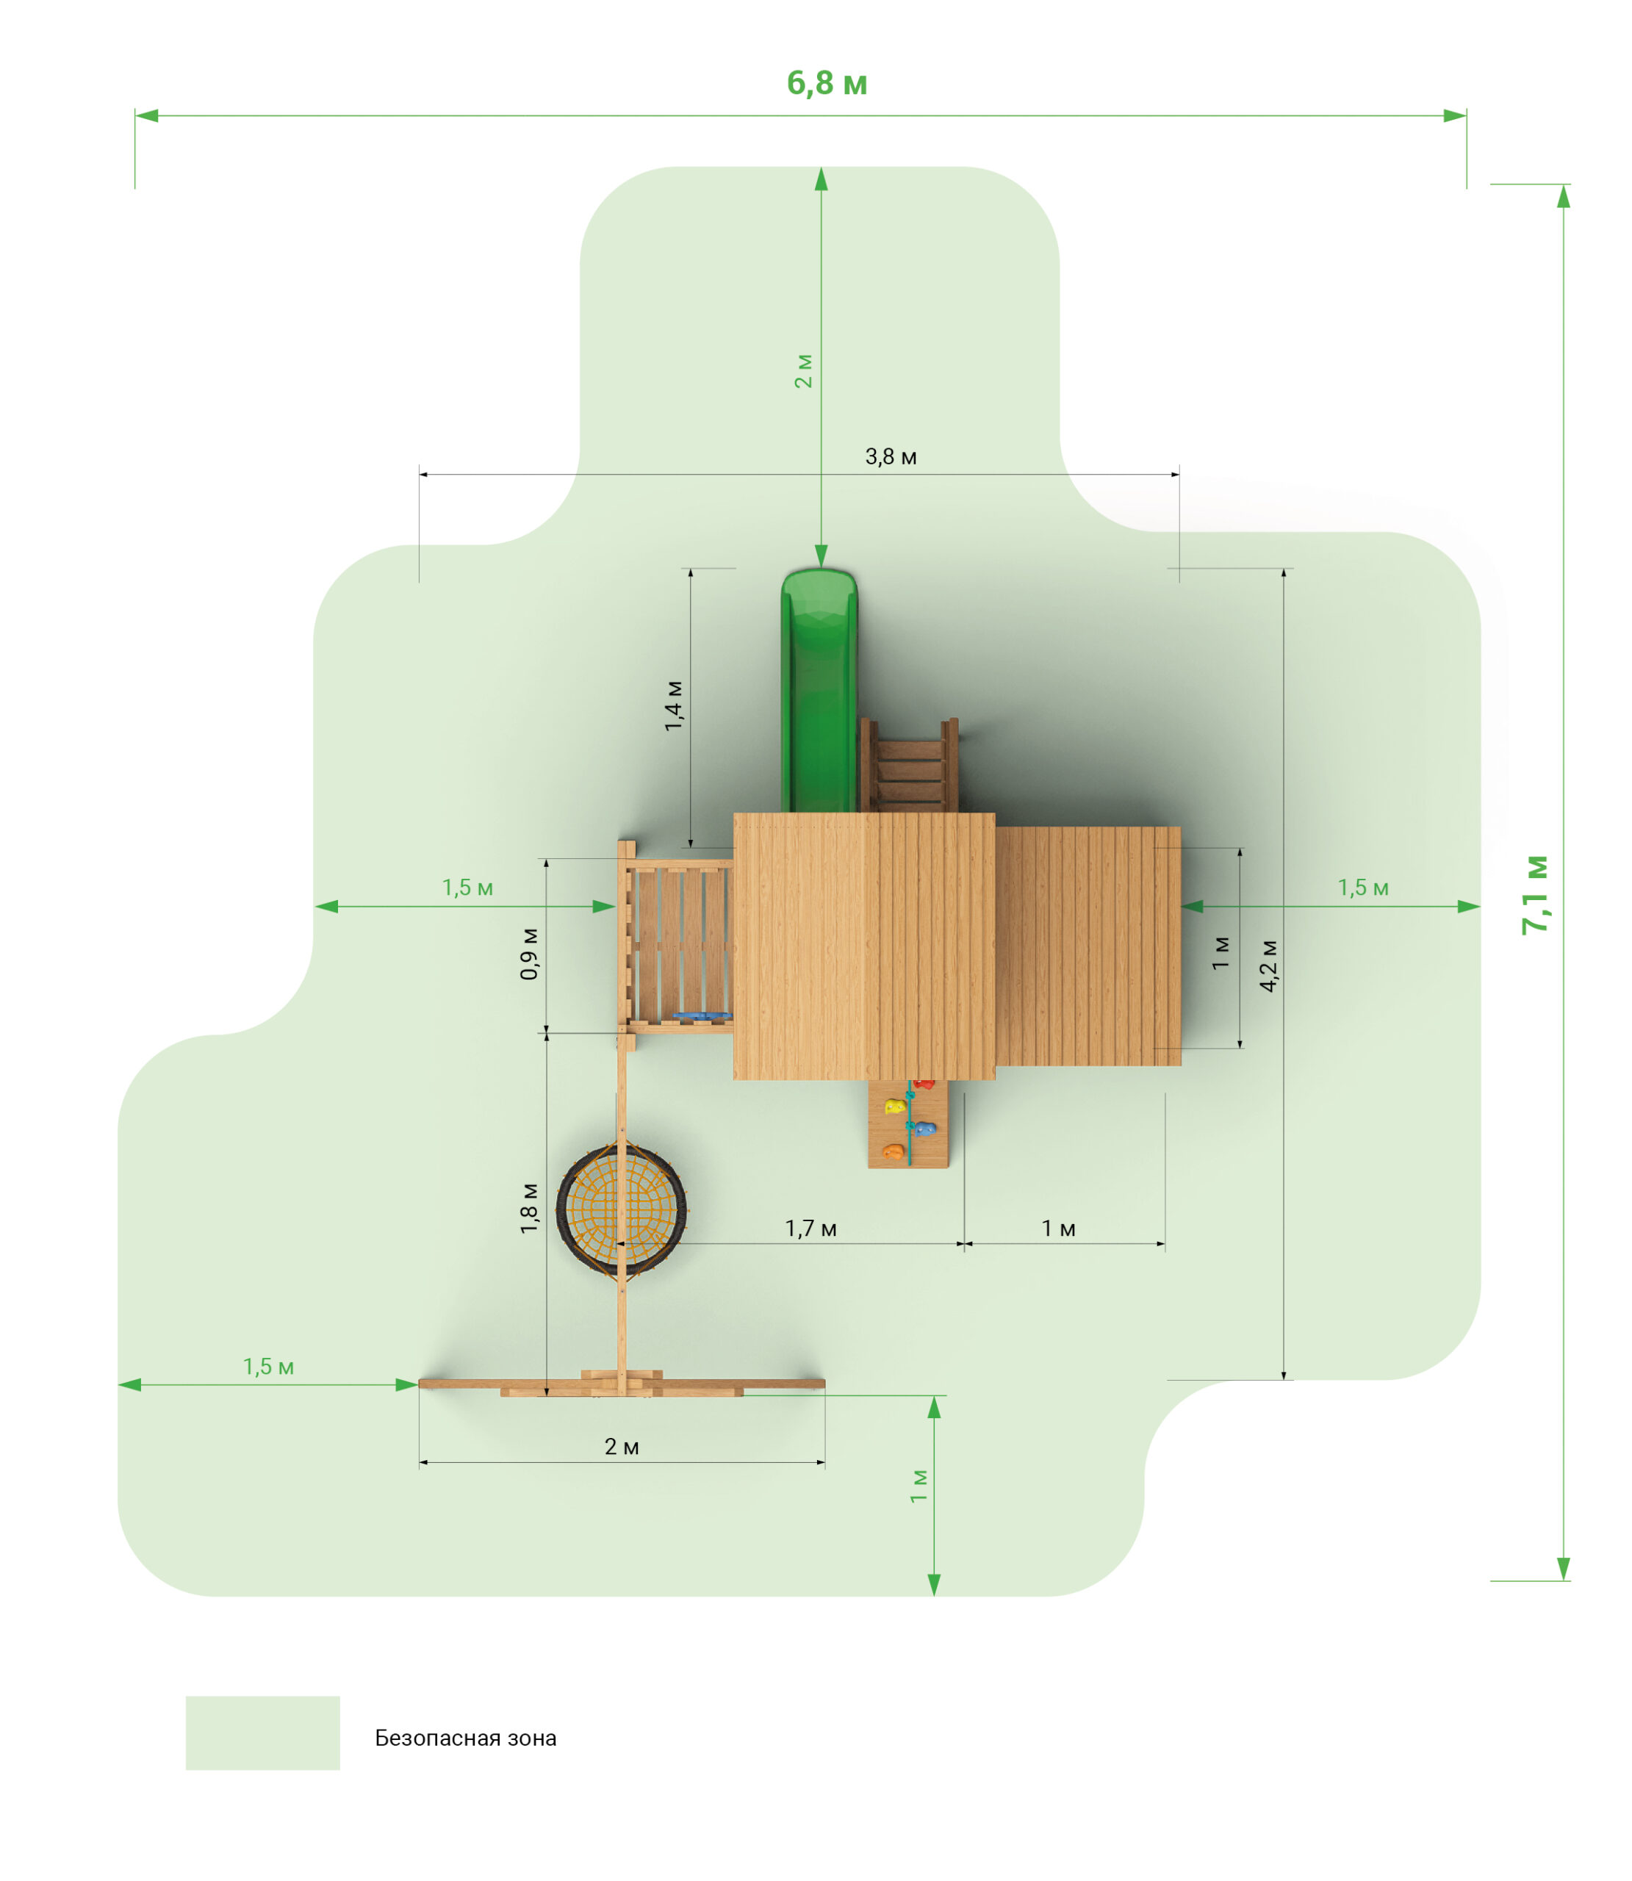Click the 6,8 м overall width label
[x=826, y=84]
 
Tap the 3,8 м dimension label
[x=890, y=456]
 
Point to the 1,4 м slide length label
[x=673, y=705]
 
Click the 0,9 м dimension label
[x=528, y=953]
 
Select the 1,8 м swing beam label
[x=528, y=1208]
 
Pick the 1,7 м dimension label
[x=810, y=1229]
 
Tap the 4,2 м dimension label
[x=1268, y=965]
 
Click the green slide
[x=819, y=690]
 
